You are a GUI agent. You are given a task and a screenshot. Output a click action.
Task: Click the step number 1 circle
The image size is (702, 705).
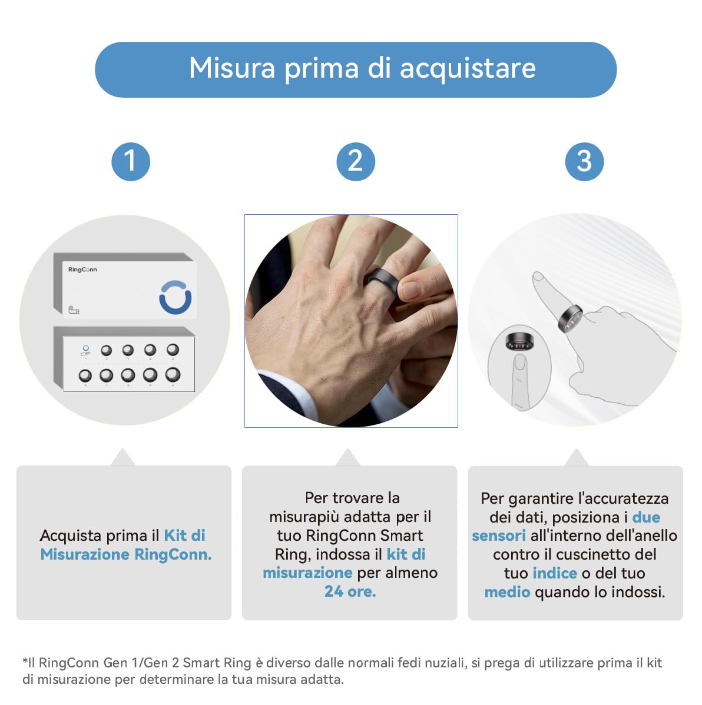coord(131,162)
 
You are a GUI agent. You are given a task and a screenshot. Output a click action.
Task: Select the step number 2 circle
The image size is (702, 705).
coord(356,162)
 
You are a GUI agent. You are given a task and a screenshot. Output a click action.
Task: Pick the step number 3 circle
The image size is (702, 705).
coord(584,162)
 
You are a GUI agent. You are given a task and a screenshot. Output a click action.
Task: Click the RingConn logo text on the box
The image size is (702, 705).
coord(82,270)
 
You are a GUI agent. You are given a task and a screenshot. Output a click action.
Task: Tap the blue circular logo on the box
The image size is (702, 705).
coord(175,297)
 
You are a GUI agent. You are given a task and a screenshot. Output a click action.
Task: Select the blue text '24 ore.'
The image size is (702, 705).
coord(350,591)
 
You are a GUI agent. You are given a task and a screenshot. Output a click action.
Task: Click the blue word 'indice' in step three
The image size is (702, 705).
coord(555,573)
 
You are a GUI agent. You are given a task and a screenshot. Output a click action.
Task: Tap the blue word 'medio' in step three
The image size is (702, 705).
coord(507,592)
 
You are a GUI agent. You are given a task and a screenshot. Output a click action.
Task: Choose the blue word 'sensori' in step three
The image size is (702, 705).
coord(499,536)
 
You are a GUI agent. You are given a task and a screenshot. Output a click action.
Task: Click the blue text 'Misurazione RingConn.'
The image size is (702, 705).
coord(125,554)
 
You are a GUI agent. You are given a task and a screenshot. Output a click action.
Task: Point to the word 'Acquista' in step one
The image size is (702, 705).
coord(69,536)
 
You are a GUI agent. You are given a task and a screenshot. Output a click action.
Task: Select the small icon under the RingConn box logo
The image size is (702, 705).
coord(74,310)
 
